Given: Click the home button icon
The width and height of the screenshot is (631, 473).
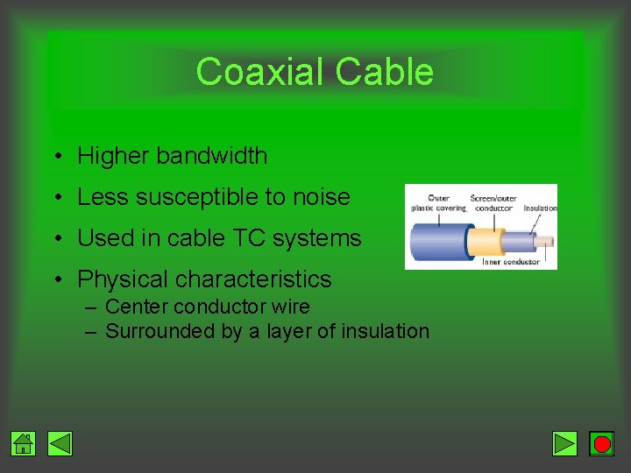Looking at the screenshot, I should [x=24, y=444].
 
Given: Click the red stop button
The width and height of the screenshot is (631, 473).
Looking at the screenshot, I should [x=601, y=444].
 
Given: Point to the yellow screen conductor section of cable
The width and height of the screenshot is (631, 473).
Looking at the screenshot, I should [x=485, y=240].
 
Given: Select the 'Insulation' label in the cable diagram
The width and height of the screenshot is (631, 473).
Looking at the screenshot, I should [x=540, y=208].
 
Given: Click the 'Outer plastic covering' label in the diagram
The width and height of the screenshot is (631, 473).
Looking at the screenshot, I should [x=439, y=203].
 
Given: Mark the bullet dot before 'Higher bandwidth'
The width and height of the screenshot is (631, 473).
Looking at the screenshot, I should [x=56, y=157].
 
